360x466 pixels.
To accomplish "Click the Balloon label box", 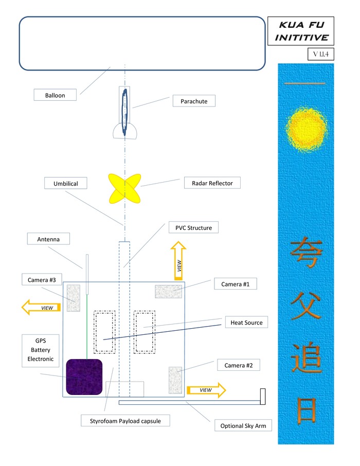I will pyautogui.click(x=55, y=95).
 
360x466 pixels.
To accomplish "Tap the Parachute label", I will pyautogui.click(x=194, y=101).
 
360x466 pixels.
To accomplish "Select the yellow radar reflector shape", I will pyautogui.click(x=124, y=188).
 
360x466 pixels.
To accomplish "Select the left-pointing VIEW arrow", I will pyautogui.click(x=41, y=308).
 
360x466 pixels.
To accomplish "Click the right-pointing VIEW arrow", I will pyautogui.click(x=206, y=390).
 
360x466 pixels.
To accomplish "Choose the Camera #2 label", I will pyautogui.click(x=238, y=365).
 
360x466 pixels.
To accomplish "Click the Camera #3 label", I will pyautogui.click(x=42, y=279).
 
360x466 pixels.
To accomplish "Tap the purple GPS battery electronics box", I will pyautogui.click(x=84, y=377).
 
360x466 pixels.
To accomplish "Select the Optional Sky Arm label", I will pyautogui.click(x=243, y=425).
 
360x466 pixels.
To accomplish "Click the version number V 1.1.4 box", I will pyautogui.click(x=321, y=53).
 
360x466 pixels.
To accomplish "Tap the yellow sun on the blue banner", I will pyautogui.click(x=306, y=127).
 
